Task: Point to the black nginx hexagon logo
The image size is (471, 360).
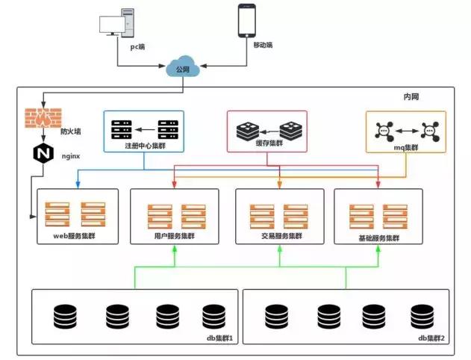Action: click(40, 155)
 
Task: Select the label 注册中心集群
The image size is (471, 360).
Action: click(146, 146)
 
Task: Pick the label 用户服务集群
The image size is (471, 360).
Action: click(174, 237)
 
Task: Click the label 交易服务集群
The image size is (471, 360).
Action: click(279, 237)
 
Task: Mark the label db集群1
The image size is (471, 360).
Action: click(219, 338)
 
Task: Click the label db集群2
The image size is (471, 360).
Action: click(431, 338)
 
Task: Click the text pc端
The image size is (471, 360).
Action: click(137, 46)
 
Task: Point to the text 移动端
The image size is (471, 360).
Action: click(263, 46)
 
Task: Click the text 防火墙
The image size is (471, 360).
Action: click(71, 130)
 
